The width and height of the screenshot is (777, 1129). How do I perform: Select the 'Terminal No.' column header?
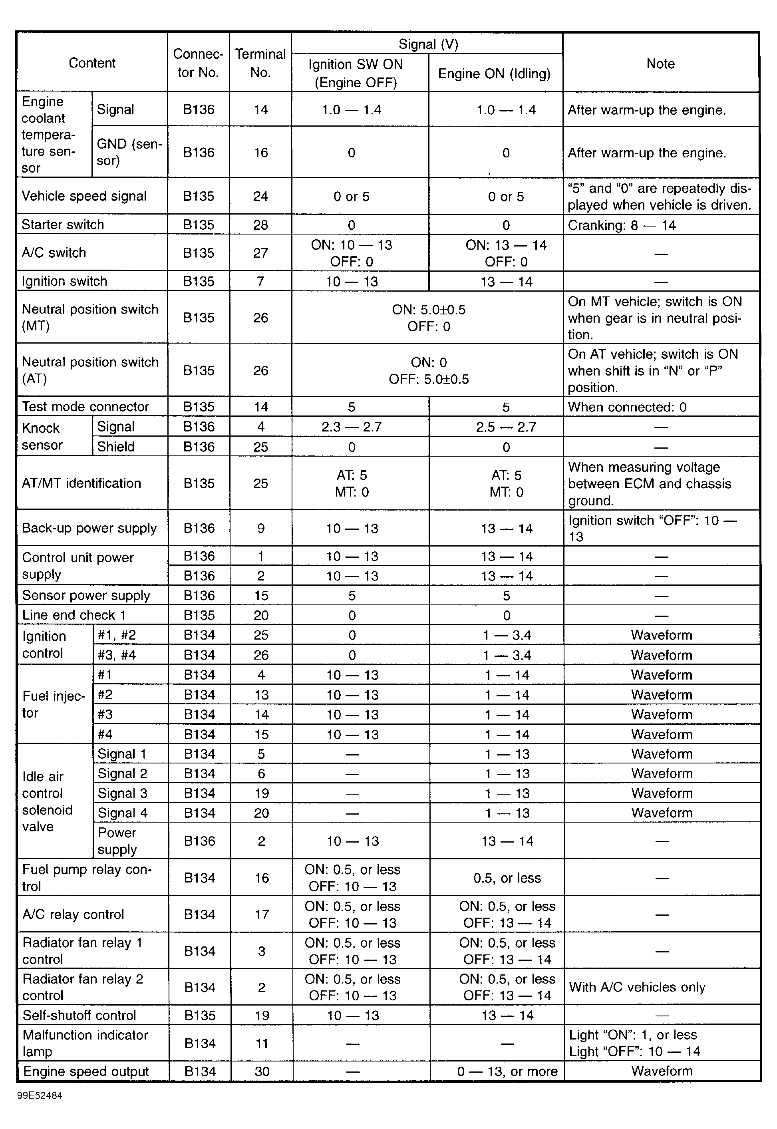coord(260,63)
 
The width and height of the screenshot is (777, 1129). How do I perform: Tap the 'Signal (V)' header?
coord(428,44)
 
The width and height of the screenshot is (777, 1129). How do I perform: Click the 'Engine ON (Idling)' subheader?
coord(494,74)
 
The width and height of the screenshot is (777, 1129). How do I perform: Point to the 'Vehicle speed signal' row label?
coord(84,196)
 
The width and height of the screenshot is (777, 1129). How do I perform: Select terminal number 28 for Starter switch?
coord(260,225)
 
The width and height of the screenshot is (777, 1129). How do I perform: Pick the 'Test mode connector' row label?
coord(85,407)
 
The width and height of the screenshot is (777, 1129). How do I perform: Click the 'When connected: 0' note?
coord(627,407)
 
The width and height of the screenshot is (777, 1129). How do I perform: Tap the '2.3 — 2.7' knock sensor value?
coord(352,427)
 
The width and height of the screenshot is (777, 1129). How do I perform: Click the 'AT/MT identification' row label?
coord(81,483)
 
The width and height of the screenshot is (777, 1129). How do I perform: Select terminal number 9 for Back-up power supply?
coord(261,528)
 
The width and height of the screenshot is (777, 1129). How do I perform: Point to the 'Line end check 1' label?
coord(74,615)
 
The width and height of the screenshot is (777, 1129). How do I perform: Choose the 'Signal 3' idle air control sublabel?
coord(122,793)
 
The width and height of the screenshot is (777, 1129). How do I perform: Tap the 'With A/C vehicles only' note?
coord(637,987)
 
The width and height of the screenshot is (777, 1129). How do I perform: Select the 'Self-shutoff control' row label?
coord(79,1015)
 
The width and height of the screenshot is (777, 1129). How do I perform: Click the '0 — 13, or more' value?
coord(507,1071)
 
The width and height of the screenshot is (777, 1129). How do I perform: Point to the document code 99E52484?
coord(40,1096)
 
